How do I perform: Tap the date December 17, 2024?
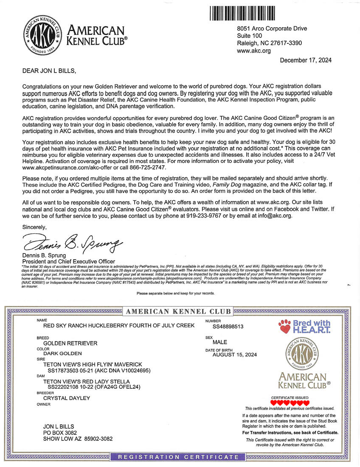click(306, 60)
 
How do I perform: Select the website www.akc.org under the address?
click(253, 51)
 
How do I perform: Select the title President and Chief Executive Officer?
click(68, 261)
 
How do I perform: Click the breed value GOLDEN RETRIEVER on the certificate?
click(70, 343)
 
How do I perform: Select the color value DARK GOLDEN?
click(62, 353)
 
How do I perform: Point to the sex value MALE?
click(219, 342)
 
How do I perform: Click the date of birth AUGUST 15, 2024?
click(234, 354)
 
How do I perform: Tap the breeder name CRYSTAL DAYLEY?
click(67, 398)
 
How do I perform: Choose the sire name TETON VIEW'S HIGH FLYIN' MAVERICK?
click(93, 365)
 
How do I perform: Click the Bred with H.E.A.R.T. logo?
click(304, 327)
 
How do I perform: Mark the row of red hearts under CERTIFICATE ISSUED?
click(290, 403)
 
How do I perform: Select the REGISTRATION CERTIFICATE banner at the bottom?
click(178, 457)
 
